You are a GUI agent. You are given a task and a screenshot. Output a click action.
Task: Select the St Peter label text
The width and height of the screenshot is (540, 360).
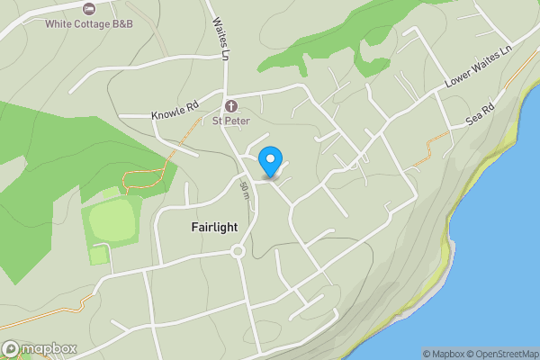pos(230,120)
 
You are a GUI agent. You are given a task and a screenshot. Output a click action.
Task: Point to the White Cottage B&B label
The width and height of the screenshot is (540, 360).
pos(89,23)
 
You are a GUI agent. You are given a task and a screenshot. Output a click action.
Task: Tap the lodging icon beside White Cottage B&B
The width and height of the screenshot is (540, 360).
pos(88,8)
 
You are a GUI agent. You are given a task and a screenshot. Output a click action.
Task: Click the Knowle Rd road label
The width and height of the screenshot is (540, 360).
pos(175,114)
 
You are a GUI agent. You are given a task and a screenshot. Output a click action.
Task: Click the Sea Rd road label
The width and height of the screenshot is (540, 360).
pos(482,114)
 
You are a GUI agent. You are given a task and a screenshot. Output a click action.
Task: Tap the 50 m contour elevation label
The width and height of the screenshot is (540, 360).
pos(245,190)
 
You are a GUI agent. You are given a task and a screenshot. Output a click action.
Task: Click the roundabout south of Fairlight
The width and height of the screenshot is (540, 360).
pos(238,251)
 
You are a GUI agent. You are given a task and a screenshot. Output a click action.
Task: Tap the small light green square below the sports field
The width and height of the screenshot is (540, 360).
pos(99,255)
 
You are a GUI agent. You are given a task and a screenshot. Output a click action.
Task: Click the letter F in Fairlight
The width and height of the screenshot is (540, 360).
pos(195,228)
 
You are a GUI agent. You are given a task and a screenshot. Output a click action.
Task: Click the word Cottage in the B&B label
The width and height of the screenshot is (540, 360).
pos(94,23)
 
